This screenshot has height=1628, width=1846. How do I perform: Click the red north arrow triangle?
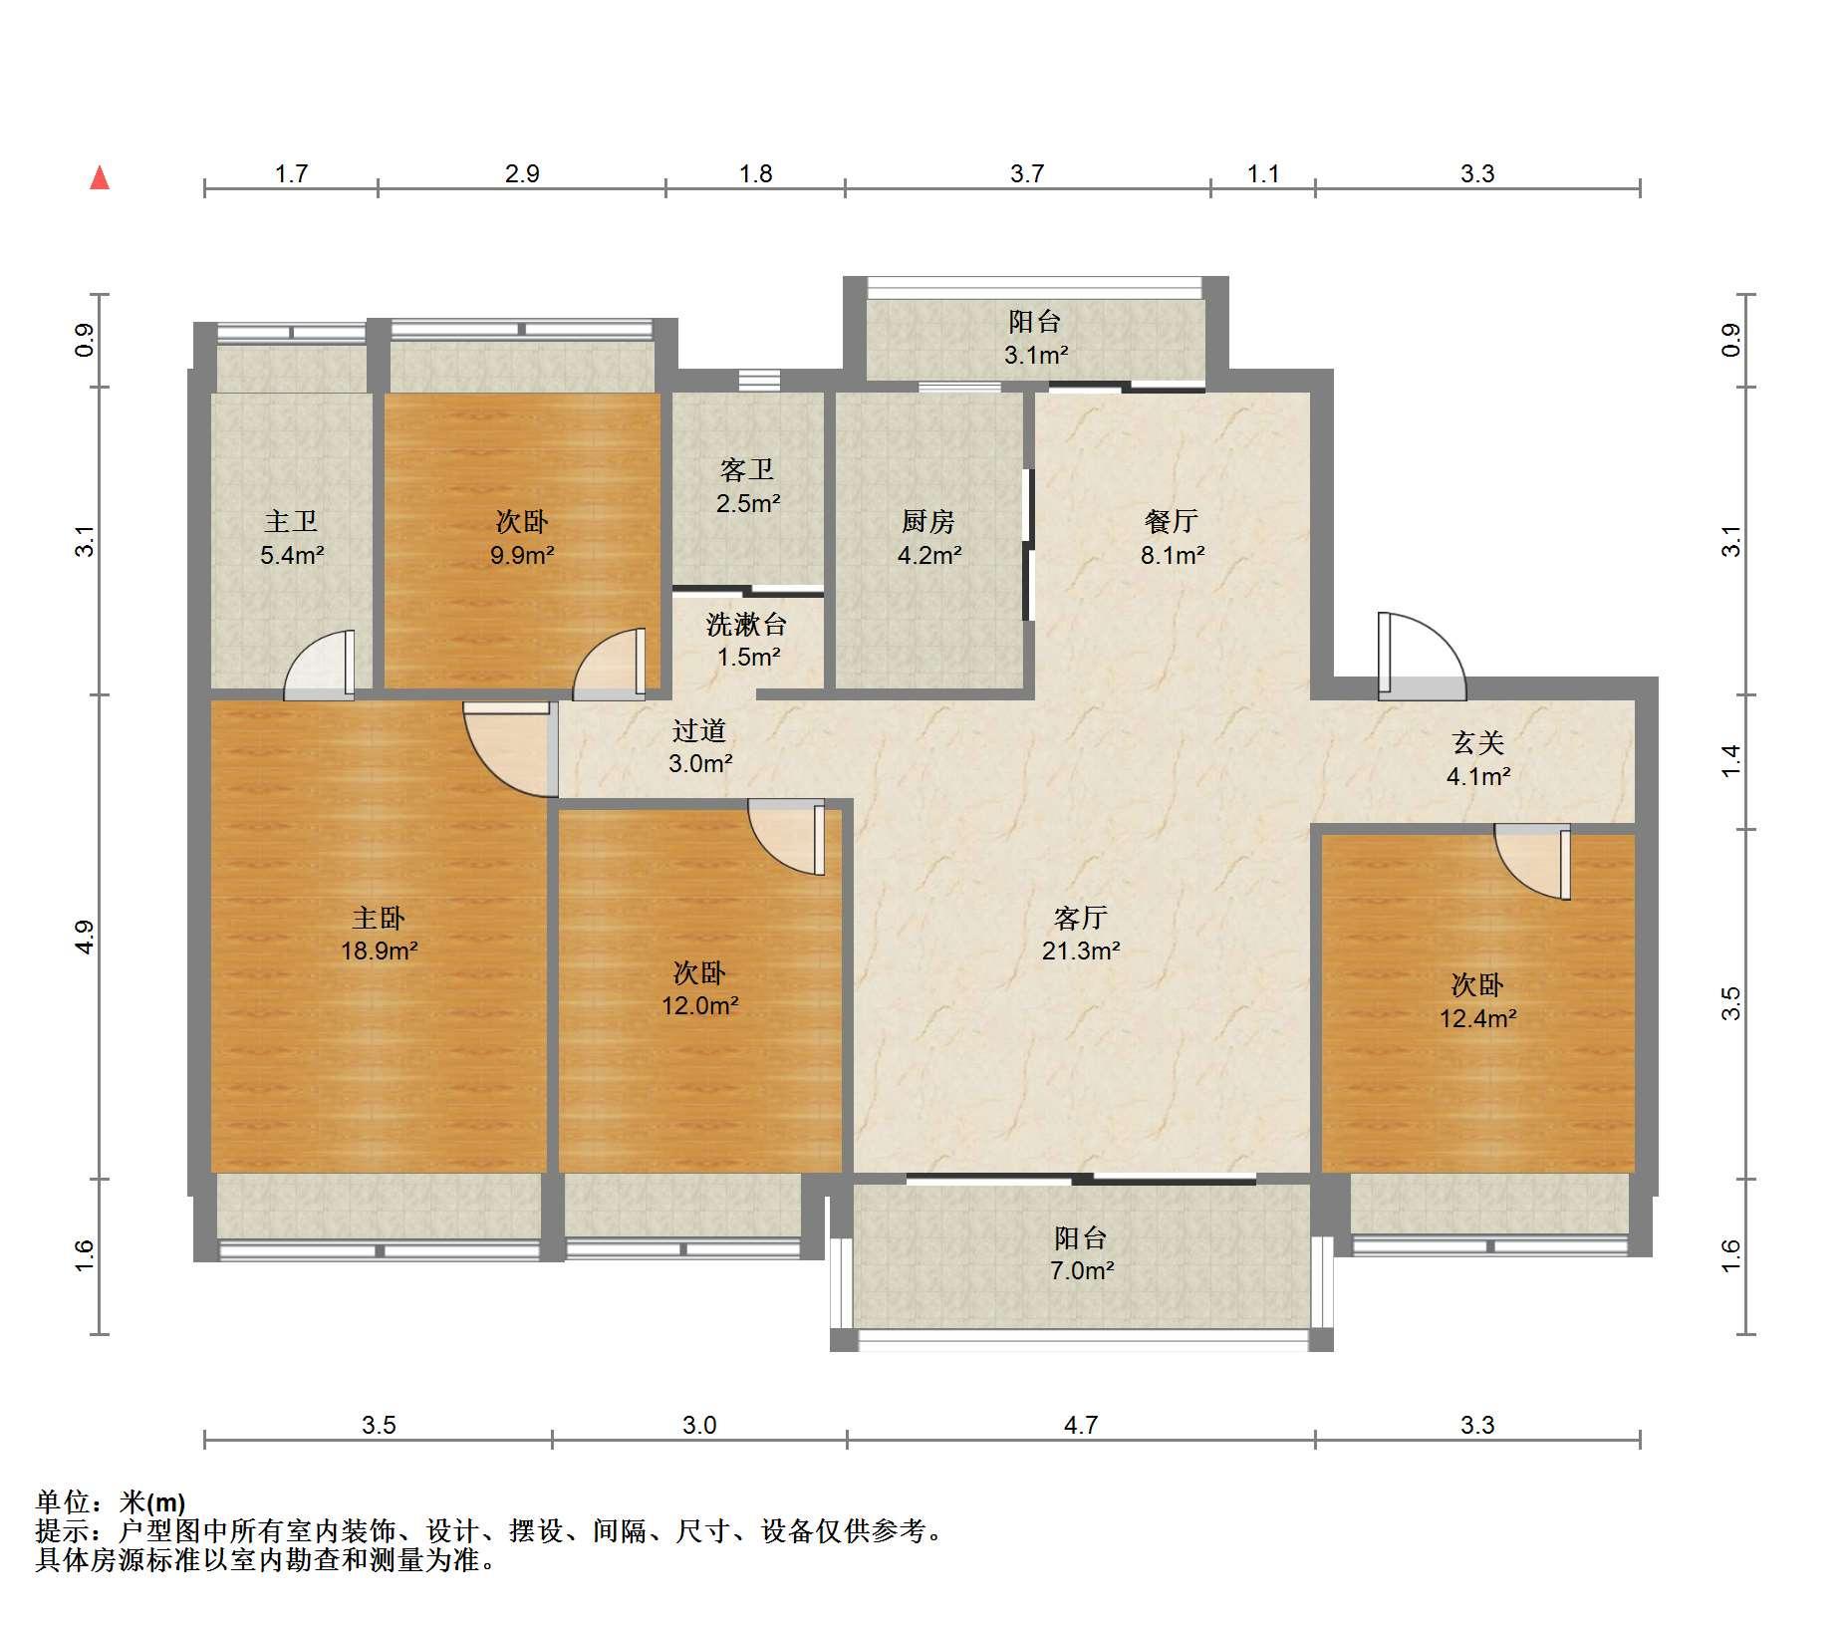pyautogui.click(x=99, y=177)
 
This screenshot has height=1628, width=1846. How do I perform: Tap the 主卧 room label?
pyautogui.click(x=379, y=917)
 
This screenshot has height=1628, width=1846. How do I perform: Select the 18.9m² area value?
pyautogui.click(x=379, y=950)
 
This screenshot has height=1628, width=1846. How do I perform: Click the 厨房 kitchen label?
pyautogui.click(x=928, y=520)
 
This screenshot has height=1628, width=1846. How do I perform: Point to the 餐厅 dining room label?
pyautogui.click(x=1172, y=520)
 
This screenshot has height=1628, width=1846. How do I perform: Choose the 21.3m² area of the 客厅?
pyautogui.click(x=1081, y=950)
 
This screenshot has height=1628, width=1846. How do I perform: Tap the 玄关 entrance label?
pyautogui.click(x=1477, y=741)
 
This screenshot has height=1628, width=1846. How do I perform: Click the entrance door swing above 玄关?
pyautogui.click(x=1422, y=656)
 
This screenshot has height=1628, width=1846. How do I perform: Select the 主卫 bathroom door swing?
pyautogui.click(x=319, y=664)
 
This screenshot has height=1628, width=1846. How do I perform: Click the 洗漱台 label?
pyautogui.click(x=747, y=624)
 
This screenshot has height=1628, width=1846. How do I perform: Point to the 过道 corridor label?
pyautogui.click(x=699, y=730)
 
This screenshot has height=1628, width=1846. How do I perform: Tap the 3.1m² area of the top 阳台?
pyautogui.click(x=1036, y=355)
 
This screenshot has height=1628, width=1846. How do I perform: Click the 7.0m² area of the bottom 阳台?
pyautogui.click(x=1082, y=1270)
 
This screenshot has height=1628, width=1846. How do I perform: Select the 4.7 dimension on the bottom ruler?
pyautogui.click(x=1081, y=1425)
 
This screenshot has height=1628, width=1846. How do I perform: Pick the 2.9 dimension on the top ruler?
pyautogui.click(x=522, y=173)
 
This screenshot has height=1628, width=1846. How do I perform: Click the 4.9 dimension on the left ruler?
pyautogui.click(x=86, y=937)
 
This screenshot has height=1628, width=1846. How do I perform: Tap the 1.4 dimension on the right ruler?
pyautogui.click(x=1732, y=761)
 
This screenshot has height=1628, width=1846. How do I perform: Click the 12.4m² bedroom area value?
pyautogui.click(x=1478, y=1018)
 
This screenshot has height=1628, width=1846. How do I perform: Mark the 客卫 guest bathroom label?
pyautogui.click(x=747, y=469)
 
